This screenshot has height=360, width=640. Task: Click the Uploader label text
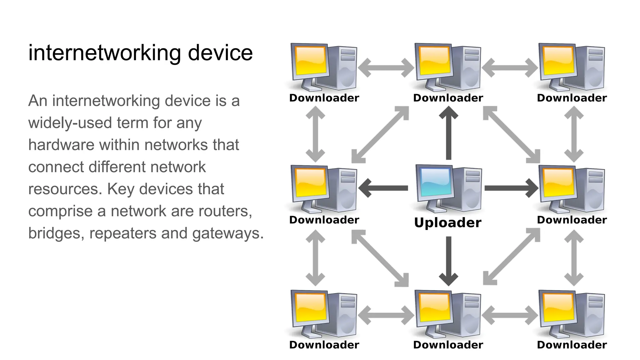click(447, 223)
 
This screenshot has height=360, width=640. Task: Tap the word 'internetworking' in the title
click(104, 53)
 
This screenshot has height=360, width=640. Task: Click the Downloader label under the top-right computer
click(572, 98)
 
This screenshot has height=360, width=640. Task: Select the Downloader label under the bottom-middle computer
click(448, 345)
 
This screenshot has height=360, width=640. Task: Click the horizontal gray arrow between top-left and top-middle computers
click(386, 67)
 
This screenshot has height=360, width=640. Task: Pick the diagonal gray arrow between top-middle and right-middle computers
click(511, 134)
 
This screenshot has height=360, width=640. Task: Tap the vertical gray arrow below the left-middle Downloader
click(315, 258)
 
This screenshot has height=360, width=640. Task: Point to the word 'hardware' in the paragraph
click(61, 145)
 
